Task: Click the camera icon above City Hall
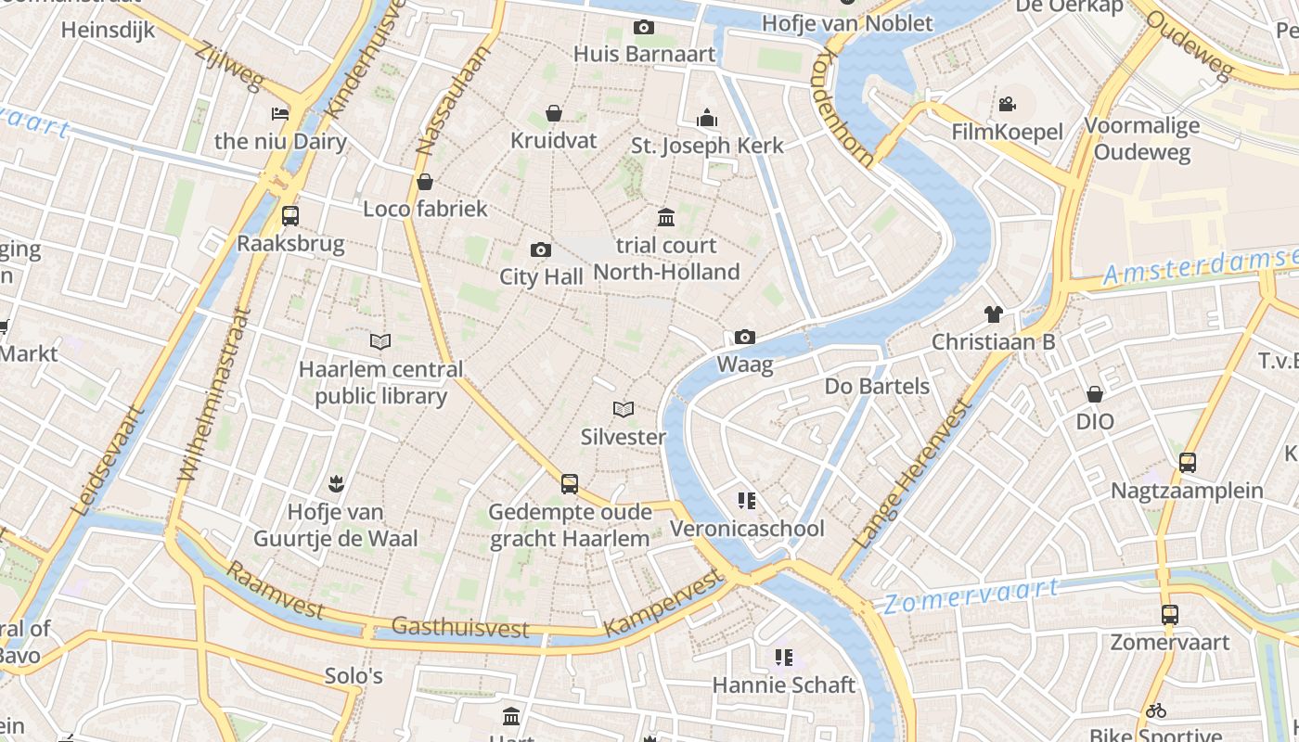coord(540,250)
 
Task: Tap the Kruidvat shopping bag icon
coord(553,114)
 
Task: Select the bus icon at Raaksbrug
coord(290,216)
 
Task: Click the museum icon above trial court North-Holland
coord(666,218)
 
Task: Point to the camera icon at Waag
coord(744,338)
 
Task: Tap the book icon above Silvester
coord(624,409)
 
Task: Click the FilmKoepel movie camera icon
coord(1007,105)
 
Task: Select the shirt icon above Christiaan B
coord(994,314)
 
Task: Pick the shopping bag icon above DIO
coord(1095,394)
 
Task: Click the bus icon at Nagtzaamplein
coord(1187,463)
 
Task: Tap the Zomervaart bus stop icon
coord(1170,614)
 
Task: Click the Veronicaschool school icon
coord(747,502)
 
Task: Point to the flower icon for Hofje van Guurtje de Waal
coord(335,483)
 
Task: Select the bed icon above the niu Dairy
coord(280,114)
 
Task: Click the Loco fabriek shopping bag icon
coord(425,181)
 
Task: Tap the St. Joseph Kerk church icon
coord(707,118)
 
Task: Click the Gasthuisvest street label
coord(459,628)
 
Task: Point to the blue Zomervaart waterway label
coord(970,595)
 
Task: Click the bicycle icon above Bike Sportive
coord(1155,710)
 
